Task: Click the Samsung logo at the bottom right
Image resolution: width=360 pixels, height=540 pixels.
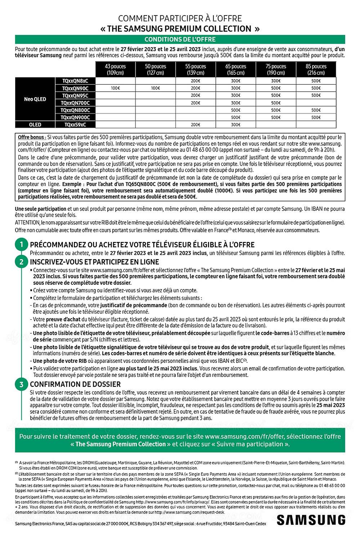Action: (311, 520)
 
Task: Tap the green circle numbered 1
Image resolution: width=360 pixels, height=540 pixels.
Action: (21, 245)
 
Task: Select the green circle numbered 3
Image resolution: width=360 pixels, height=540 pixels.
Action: (21, 384)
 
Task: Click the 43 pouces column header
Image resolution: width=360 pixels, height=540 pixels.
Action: (115, 69)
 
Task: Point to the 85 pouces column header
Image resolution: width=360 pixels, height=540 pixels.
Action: (316, 69)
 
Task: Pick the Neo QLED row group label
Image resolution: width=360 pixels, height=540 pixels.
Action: (35, 99)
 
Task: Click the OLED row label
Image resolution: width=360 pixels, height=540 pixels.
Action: (35, 125)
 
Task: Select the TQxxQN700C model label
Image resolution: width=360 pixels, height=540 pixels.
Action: (75, 103)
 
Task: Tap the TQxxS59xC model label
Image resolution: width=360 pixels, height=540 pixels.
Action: (75, 125)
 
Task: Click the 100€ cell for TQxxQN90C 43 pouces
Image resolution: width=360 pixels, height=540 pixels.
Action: (115, 88)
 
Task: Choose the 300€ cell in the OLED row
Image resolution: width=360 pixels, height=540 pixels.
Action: (236, 125)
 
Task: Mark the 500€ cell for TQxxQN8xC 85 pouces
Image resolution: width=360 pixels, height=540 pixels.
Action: (316, 81)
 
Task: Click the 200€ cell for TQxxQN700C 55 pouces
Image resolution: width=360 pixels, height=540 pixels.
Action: (195, 103)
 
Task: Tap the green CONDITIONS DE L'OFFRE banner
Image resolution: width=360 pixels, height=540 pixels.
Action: (180, 40)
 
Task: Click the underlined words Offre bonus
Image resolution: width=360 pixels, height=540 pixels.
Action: (32, 137)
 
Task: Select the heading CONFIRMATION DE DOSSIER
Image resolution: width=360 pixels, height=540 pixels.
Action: (75, 384)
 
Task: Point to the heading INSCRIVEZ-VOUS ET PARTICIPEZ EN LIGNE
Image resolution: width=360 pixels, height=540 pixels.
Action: (94, 262)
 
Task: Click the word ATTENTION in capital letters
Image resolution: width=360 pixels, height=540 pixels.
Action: (27, 223)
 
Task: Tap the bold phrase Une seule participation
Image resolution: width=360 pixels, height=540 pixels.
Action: (40, 209)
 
